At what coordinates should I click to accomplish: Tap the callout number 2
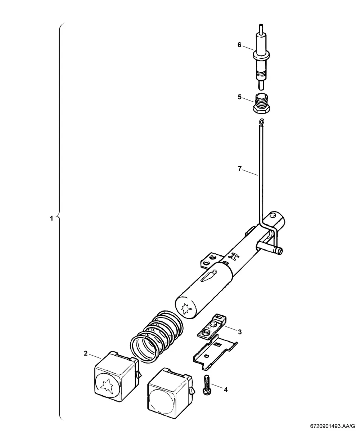click(x=86, y=353)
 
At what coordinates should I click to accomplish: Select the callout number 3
click(x=240, y=332)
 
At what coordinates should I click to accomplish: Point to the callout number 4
click(x=226, y=390)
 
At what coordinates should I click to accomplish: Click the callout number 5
click(x=240, y=97)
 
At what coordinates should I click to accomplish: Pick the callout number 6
click(x=239, y=45)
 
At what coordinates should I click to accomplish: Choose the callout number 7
click(x=240, y=169)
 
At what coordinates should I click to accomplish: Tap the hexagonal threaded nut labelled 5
click(x=261, y=104)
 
